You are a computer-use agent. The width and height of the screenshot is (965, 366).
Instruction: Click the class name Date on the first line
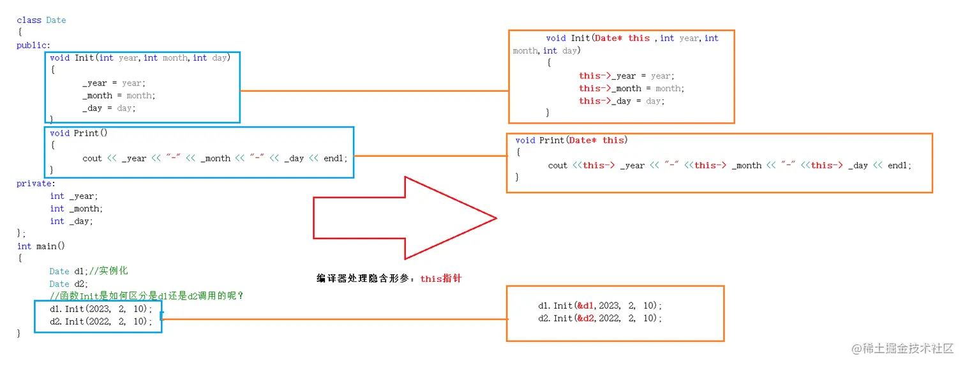pos(56,20)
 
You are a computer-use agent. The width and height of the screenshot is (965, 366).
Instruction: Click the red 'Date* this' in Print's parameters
pos(596,140)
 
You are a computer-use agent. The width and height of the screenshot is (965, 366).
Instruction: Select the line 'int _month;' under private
pos(76,209)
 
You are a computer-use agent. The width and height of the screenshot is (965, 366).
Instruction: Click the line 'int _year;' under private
pos(74,196)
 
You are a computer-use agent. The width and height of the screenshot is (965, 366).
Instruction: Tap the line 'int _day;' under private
pos(71,221)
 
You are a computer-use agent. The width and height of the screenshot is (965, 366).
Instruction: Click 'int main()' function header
pos(41,246)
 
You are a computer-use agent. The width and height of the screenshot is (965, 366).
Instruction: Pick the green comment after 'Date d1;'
pos(109,271)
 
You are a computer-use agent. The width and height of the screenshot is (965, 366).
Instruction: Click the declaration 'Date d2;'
pos(69,284)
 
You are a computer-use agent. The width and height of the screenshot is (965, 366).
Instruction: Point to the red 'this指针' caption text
pos(440,279)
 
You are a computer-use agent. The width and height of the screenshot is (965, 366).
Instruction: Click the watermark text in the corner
pos(902,348)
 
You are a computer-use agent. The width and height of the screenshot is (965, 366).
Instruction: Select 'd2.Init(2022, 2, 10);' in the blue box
pos(101,321)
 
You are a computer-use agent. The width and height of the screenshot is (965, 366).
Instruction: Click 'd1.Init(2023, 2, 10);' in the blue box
pos(101,309)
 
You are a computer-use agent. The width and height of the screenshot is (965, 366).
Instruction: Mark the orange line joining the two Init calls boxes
pos(332,319)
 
